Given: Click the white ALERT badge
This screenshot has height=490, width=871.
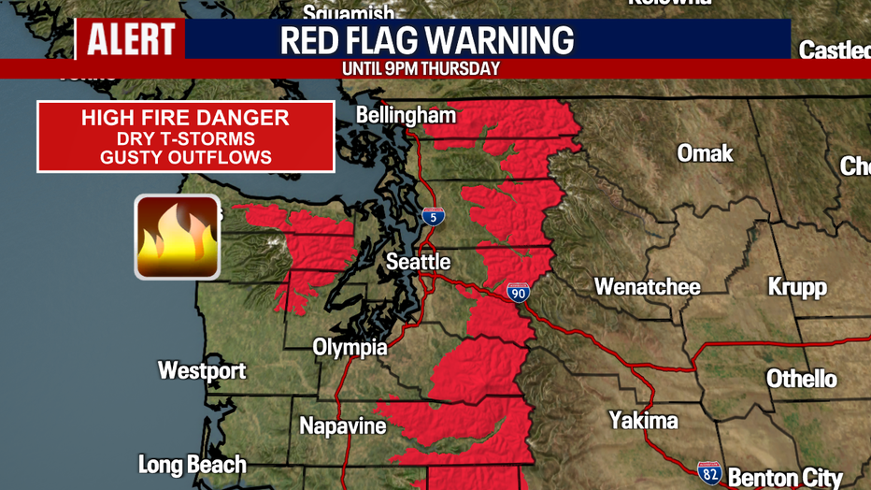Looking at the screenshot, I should (x=131, y=39).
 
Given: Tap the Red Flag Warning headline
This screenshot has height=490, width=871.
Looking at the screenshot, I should (x=427, y=40).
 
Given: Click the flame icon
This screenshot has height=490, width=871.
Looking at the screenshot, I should (x=178, y=237).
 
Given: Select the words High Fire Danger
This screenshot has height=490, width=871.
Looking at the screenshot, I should (x=185, y=118).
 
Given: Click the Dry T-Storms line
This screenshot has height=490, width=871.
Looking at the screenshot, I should (x=185, y=137).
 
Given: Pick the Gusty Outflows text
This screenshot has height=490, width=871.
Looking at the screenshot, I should (x=185, y=157).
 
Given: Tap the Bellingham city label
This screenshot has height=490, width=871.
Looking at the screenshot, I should (x=406, y=116).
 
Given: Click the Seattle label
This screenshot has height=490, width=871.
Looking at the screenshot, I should (x=419, y=262).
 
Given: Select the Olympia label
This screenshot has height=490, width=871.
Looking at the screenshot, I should (x=350, y=347).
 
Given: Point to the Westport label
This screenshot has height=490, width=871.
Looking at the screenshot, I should (x=202, y=370).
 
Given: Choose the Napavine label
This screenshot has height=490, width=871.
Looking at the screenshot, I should (x=343, y=426).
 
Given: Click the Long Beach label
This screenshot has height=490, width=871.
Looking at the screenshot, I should (x=193, y=465).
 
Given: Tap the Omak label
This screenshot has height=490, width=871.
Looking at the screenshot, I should (x=706, y=153).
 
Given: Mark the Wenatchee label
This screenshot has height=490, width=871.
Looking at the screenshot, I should (x=648, y=286).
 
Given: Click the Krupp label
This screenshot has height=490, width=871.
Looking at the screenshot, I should (x=797, y=286).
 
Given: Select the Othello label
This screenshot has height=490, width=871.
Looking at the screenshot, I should (x=802, y=379).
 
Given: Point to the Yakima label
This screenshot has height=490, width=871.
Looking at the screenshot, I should (x=643, y=421).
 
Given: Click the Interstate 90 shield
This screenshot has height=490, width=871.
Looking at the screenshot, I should (x=519, y=293).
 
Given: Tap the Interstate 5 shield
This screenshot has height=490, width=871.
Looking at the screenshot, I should (x=433, y=216).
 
